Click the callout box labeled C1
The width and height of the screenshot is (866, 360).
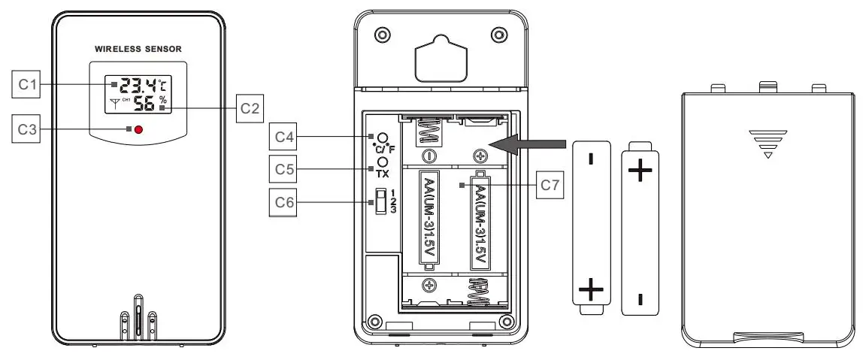27,84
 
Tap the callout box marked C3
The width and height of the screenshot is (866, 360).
27,129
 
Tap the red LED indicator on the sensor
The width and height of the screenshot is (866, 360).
138,130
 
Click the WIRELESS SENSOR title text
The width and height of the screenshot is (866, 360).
138,48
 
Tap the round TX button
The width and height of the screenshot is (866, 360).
382,162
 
